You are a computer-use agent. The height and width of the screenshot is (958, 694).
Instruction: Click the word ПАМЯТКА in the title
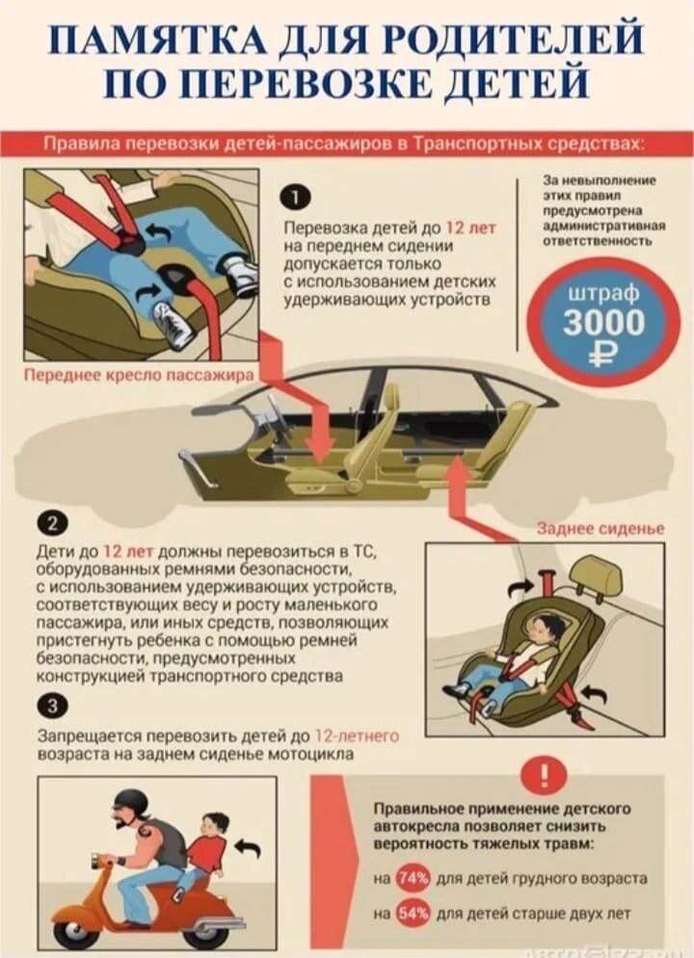159,41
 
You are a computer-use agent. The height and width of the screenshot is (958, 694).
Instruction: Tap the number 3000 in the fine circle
603,322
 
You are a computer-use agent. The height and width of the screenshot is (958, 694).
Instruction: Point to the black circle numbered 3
51,706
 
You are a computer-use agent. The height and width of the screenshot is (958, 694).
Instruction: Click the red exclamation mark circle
544,775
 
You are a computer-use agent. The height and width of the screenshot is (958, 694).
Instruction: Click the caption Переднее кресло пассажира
139,375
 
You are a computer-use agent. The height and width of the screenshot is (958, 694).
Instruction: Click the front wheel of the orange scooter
77,930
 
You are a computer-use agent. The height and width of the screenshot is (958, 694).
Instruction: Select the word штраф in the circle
603,293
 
